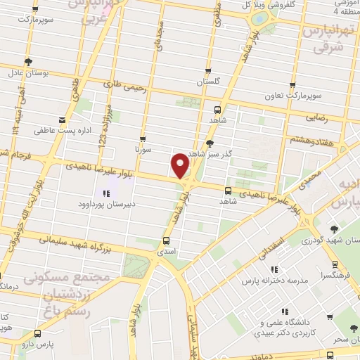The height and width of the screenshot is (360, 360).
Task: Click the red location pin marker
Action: [180, 165]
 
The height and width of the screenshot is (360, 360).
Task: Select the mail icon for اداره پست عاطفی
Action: [63, 120]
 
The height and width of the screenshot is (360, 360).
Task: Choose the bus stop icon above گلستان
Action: [208, 70]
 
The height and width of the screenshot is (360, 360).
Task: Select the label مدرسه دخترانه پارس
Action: [275, 281]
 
